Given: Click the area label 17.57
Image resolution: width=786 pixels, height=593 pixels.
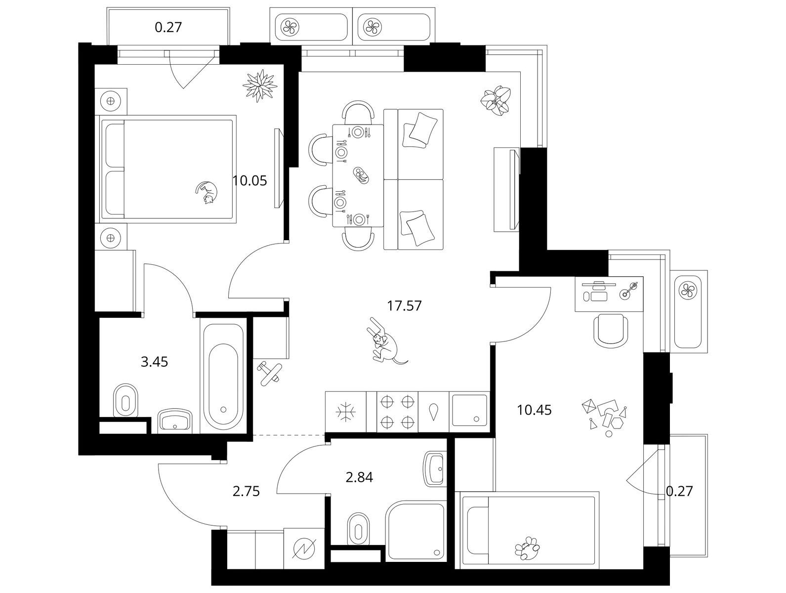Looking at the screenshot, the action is (x=405, y=306).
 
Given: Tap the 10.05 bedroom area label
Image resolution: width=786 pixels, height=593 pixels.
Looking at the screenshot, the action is (x=249, y=181).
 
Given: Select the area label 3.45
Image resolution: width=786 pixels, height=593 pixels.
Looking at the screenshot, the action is (x=154, y=362).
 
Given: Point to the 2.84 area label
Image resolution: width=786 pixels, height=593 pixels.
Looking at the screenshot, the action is (x=359, y=477).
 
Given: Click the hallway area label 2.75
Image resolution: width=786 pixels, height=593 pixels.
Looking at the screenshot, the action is (x=246, y=492).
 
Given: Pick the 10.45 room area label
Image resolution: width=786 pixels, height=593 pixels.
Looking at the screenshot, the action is (x=534, y=410).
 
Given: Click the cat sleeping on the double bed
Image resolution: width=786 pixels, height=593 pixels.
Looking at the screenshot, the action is (x=207, y=192).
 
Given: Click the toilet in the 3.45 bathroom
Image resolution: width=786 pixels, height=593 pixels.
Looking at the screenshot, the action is (x=125, y=401).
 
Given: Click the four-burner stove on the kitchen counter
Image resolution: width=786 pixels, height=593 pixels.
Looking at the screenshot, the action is (x=397, y=412).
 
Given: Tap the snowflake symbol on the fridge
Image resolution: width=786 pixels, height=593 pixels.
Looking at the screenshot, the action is (x=345, y=412).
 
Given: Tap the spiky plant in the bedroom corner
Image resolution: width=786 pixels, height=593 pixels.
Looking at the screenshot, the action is (x=260, y=85).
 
